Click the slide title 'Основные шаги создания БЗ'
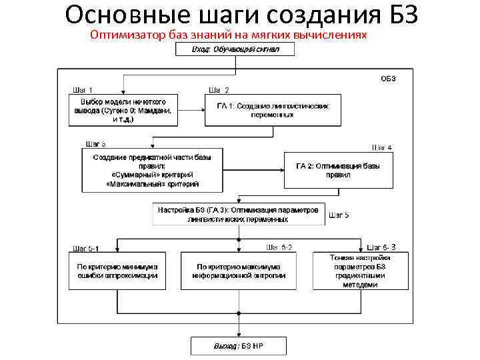click(x=242, y=15)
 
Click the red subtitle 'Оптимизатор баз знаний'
click(x=228, y=34)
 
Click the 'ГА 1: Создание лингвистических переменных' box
click(x=273, y=110)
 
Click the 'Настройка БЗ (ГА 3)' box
click(x=239, y=213)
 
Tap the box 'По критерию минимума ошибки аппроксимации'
click(x=117, y=270)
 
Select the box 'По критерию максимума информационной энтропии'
click(x=239, y=270)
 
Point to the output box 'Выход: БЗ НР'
click(x=238, y=346)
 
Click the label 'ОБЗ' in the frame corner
click(x=388, y=78)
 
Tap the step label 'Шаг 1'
click(x=83, y=90)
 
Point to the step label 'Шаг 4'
click(x=381, y=147)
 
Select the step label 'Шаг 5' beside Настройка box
click(x=338, y=215)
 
